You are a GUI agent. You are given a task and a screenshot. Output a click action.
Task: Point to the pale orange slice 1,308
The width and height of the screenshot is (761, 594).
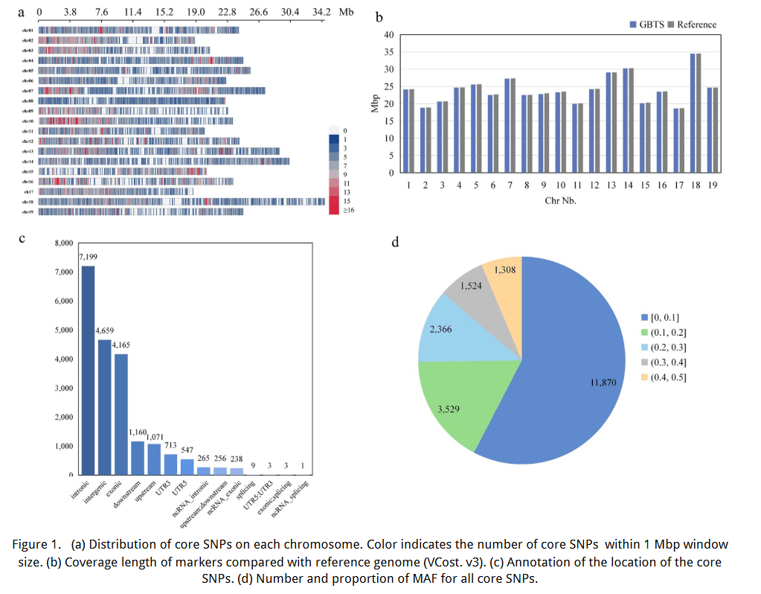point(503,281)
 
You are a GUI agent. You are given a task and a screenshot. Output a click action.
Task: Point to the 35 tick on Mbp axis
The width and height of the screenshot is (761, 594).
point(388,52)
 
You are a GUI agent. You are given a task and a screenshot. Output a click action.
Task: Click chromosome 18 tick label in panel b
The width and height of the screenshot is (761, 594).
point(696,185)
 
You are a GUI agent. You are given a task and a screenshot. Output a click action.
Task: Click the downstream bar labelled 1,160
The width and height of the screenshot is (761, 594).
point(138,458)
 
